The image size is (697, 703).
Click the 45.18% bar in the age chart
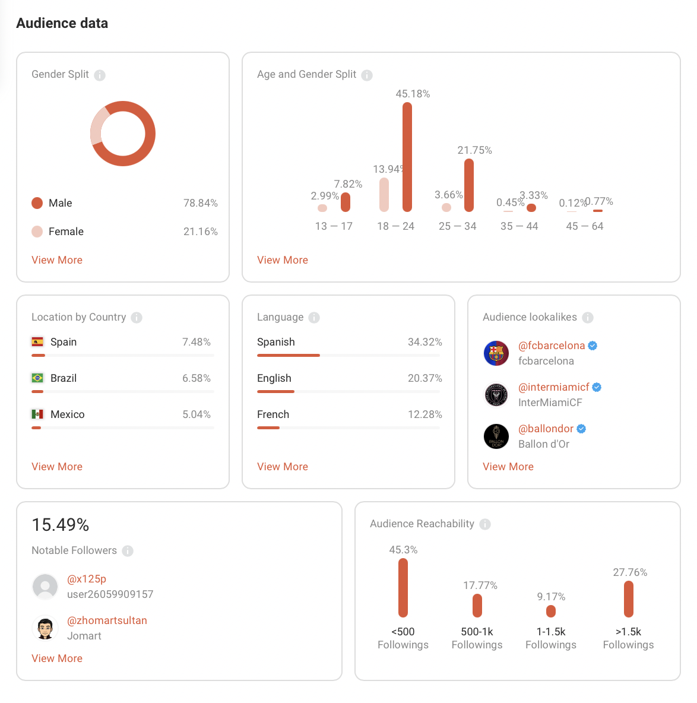click(x=407, y=157)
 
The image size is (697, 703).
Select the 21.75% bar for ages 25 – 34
click(x=469, y=185)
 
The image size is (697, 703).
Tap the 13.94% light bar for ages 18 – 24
click(x=384, y=195)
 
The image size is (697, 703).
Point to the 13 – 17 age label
click(x=334, y=226)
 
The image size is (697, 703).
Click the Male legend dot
click(x=37, y=203)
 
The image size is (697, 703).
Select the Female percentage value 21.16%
click(x=200, y=232)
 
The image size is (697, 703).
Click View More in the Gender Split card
click(x=57, y=260)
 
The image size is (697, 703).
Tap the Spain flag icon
click(x=37, y=342)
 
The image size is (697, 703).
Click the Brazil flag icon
click(x=37, y=378)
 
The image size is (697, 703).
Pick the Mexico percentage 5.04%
click(x=197, y=414)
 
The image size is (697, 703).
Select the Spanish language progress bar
click(x=289, y=355)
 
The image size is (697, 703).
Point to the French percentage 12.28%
click(x=424, y=414)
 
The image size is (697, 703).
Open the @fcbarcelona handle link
click(x=552, y=346)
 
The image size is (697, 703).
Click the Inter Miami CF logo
click(x=496, y=395)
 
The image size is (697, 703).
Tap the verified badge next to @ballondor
click(x=582, y=429)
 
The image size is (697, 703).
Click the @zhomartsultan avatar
click(x=45, y=628)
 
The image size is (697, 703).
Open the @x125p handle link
click(x=87, y=579)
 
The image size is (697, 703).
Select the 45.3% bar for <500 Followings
click(x=403, y=588)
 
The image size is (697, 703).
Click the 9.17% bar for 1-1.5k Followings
click(x=551, y=611)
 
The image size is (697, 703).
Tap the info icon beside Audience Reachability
click(x=485, y=524)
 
